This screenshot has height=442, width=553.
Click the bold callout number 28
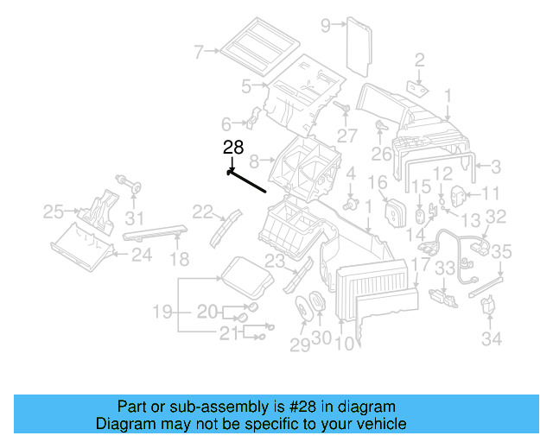[x=233, y=148]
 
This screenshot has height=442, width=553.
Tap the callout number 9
[x=326, y=25]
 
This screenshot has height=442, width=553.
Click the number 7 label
[x=199, y=53]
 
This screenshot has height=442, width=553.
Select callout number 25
[x=54, y=211]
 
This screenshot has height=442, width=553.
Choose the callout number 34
[x=492, y=340]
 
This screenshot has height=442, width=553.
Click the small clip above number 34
[x=489, y=305]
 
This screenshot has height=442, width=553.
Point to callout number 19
[x=163, y=311]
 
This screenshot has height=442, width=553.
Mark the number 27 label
[x=347, y=135]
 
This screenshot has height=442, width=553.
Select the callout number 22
[x=202, y=211]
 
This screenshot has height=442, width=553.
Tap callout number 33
[x=444, y=269]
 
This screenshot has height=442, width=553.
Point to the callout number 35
[x=502, y=252]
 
